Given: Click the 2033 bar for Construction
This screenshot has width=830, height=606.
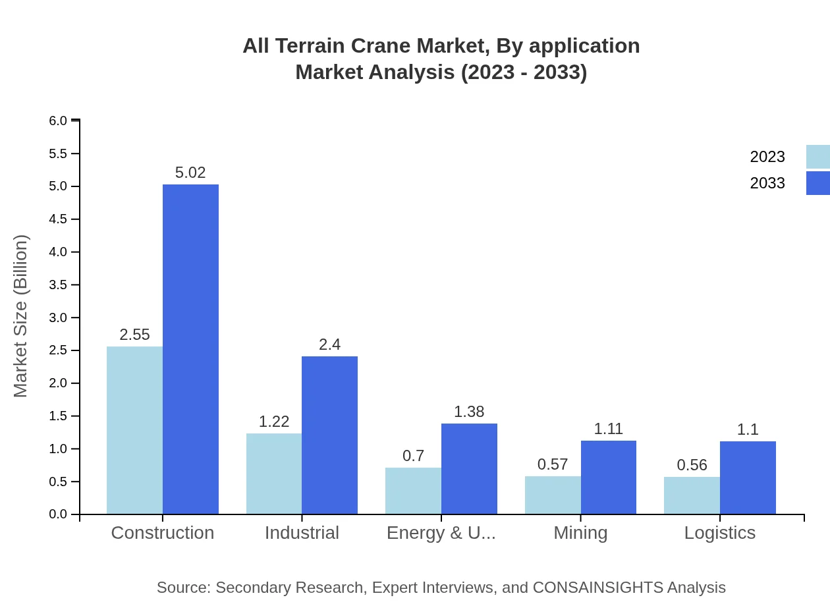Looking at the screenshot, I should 190,349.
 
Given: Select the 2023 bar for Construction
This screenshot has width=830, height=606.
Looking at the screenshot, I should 134,430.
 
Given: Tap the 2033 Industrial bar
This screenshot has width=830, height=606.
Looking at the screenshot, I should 329,435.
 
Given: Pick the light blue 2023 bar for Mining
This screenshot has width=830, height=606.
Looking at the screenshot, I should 553,495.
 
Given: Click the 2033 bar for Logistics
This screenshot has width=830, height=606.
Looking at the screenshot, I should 748,478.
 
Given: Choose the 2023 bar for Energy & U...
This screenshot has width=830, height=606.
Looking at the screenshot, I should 413,491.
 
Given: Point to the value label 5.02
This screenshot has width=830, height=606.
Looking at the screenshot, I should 190,173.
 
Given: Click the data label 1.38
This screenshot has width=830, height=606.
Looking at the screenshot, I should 469,412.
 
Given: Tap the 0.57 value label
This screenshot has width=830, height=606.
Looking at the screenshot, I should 553,464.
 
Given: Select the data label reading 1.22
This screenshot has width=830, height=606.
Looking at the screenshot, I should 274,422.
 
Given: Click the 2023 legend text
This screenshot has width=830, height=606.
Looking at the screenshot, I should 767,157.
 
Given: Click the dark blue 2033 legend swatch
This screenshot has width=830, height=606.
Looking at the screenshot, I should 817,182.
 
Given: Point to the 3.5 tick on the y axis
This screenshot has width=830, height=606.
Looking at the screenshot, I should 58,285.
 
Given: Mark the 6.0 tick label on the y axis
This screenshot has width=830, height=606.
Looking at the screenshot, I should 58,121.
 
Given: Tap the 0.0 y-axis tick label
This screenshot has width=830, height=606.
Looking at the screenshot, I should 58,514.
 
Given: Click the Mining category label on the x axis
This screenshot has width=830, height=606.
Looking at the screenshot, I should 580,533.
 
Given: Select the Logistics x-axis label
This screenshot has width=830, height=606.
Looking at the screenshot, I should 719,533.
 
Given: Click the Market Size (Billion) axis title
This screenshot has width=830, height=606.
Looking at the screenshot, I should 21,316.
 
